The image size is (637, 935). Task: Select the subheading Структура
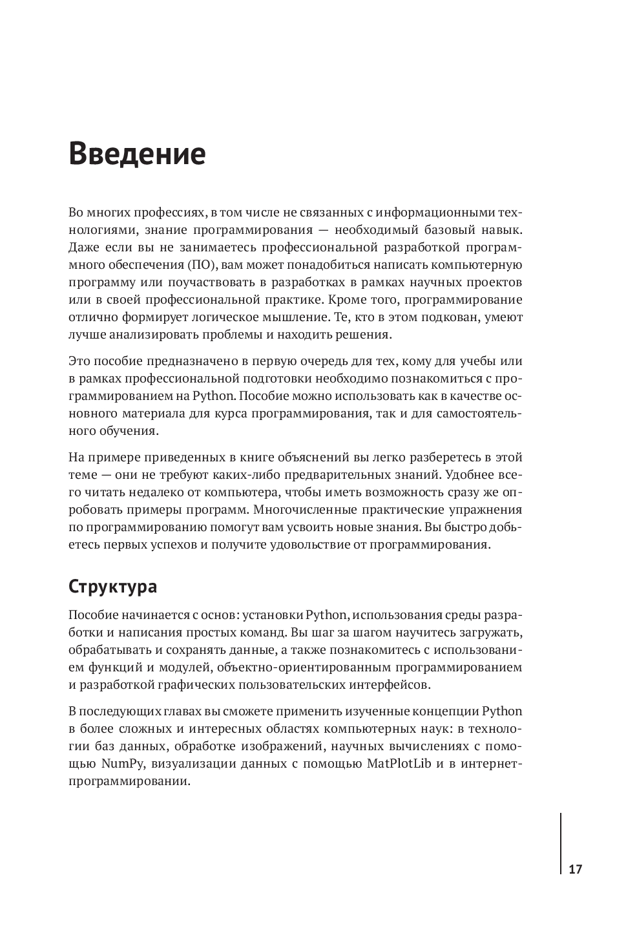click(112, 587)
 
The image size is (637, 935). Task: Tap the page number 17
click(575, 869)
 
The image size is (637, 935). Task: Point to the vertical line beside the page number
click(560, 843)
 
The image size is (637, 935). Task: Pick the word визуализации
click(180, 764)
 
